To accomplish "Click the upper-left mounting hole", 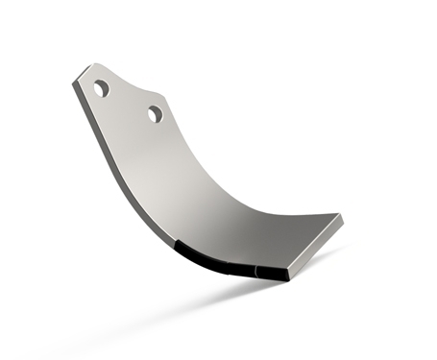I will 101,89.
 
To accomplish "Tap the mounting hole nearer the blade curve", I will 155,114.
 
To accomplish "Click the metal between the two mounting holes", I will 128,102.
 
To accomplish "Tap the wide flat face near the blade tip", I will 279,235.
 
